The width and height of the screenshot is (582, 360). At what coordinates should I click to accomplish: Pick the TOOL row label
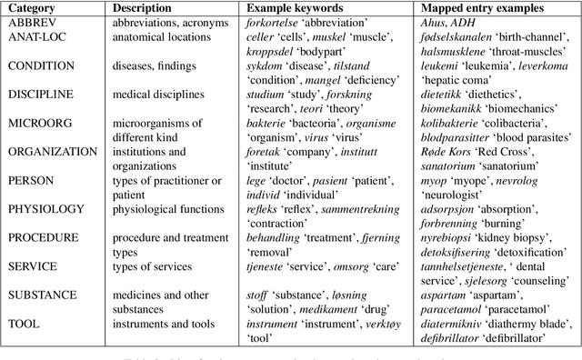point(25,323)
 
